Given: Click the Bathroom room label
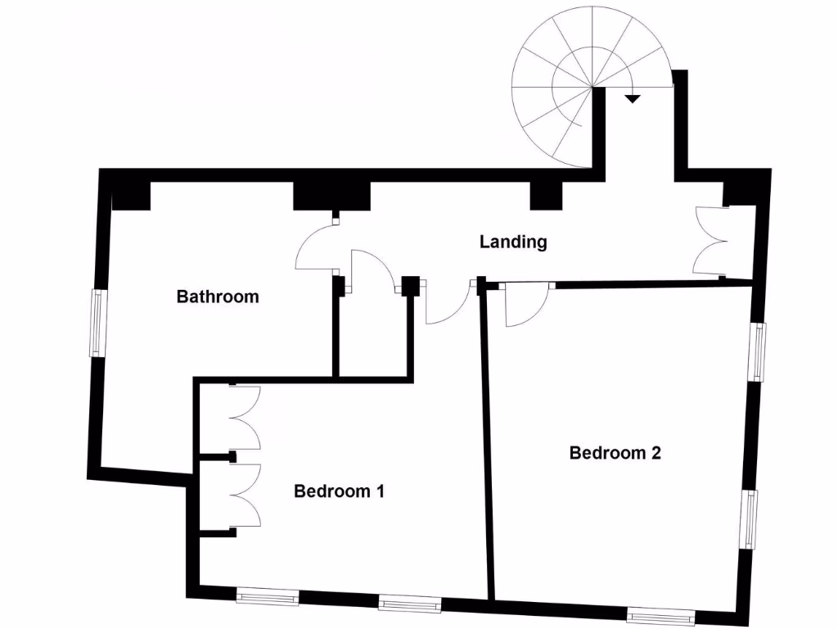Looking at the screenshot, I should tap(218, 296).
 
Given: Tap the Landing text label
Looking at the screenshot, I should tap(513, 242).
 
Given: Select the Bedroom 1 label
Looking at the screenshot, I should tap(339, 491).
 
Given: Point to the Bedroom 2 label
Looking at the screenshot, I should tap(615, 452).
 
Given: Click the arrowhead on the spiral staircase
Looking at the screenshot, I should tap(632, 98).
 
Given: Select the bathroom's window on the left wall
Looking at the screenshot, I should tap(97, 323).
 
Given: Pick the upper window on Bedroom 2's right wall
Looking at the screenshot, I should tap(760, 351).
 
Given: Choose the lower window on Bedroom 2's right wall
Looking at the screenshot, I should tap(750, 517).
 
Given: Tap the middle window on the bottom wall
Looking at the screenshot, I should tap(411, 604).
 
